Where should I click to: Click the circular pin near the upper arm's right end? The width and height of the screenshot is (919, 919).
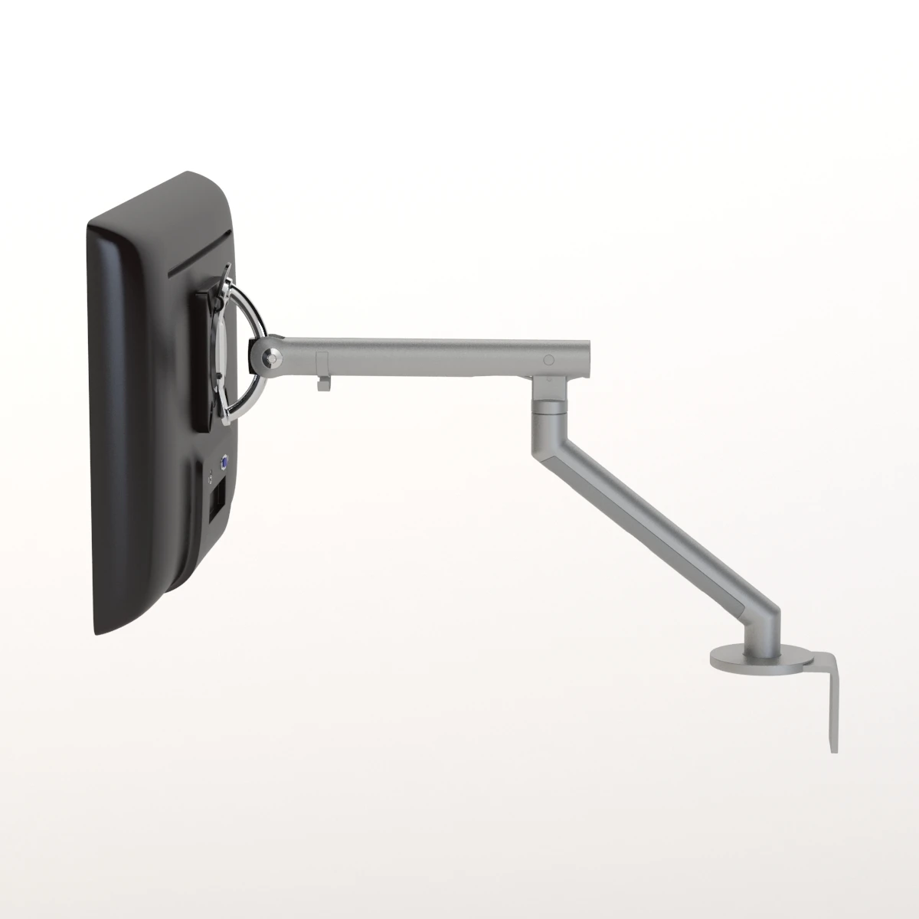coord(548,360)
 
